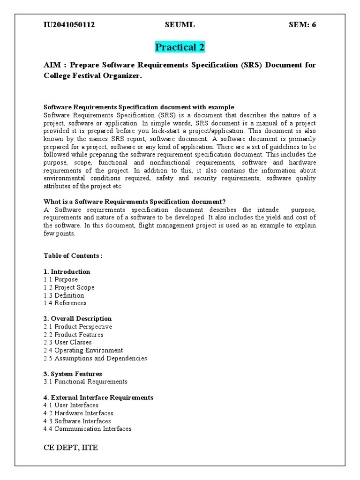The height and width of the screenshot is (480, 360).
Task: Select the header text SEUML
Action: coord(179,25)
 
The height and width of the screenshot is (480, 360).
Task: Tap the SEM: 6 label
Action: coord(302,25)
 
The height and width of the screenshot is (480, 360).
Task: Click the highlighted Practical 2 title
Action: coord(180,47)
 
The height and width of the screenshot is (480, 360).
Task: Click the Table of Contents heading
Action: coord(73,255)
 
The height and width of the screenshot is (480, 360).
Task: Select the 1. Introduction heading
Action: coord(67,271)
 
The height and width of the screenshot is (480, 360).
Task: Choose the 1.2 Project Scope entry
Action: coord(69,287)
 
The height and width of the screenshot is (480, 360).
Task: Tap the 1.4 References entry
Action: coord(65,303)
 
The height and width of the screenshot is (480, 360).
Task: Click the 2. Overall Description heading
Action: coord(77,319)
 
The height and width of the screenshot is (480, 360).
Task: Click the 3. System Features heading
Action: coord(73,374)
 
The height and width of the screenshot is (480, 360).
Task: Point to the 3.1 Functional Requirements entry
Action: coord(85,382)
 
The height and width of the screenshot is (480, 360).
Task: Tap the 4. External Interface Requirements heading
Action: coord(98,397)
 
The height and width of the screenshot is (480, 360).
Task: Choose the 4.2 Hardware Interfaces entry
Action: coord(78,413)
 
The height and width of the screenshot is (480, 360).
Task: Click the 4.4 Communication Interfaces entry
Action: coord(87,429)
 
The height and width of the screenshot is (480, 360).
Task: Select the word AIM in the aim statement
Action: coord(52,65)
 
